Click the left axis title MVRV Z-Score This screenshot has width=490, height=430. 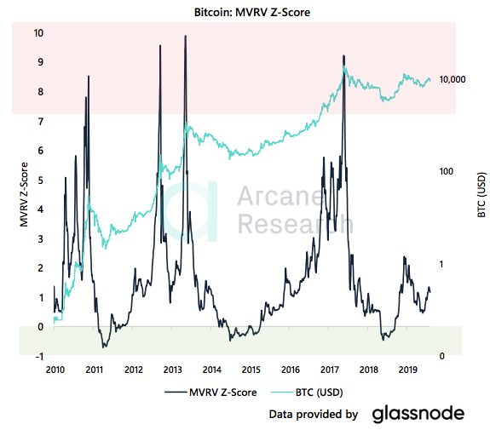(23, 195)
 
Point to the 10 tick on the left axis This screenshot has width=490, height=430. (37, 33)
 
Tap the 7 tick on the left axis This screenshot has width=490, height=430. (40, 122)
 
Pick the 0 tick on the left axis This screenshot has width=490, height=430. (40, 327)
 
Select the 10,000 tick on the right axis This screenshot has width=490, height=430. (451, 79)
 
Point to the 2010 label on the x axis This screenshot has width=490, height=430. (55, 370)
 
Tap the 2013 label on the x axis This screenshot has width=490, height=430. (172, 370)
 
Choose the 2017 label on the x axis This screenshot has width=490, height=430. (329, 370)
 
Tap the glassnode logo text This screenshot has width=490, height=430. (418, 414)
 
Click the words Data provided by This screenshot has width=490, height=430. (313, 415)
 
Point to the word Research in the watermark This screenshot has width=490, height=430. (294, 225)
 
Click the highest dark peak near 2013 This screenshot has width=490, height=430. (185, 36)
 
